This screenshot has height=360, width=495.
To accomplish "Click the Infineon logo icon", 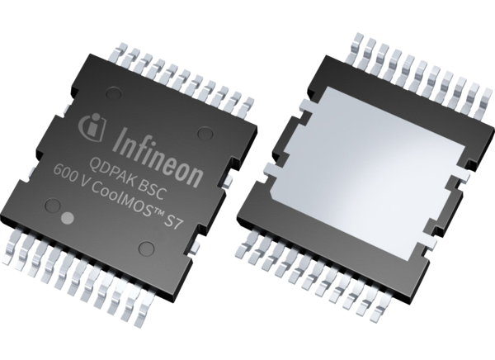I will click(92, 126).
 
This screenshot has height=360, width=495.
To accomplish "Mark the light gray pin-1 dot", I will click(70, 220).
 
